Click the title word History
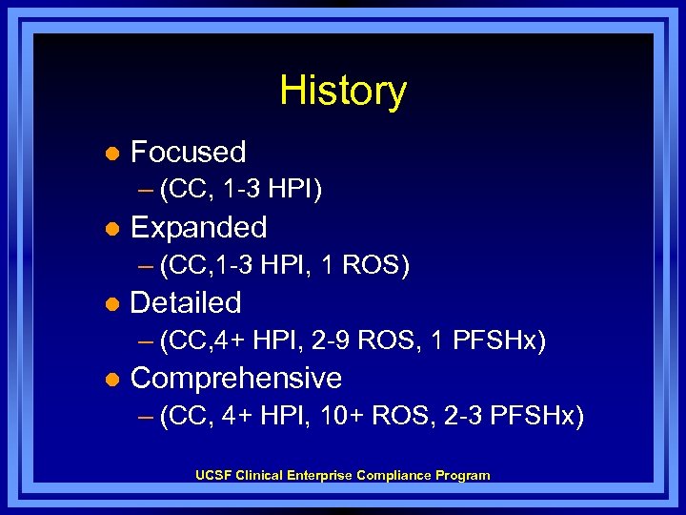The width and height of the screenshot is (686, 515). [343, 92]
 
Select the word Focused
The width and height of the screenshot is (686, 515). [188, 152]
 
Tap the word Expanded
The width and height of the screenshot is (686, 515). [198, 227]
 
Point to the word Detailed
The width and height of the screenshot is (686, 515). [186, 302]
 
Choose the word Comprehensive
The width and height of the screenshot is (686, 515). [235, 378]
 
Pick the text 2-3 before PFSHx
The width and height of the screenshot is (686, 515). [464, 417]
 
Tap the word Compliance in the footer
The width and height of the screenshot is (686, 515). [393, 475]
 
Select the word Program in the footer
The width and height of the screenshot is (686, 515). [463, 475]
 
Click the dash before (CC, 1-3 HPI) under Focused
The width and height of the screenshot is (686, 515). [144, 191]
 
